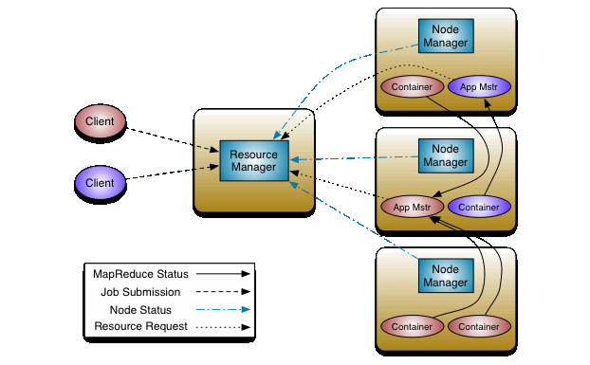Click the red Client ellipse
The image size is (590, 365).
pyautogui.click(x=101, y=121)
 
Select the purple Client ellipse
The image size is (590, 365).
pyautogui.click(x=101, y=182)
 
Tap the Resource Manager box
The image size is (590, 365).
pyautogui.click(x=253, y=160)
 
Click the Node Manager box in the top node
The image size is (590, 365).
pyautogui.click(x=446, y=36)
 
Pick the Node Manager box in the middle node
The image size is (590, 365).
pyautogui.click(x=446, y=155)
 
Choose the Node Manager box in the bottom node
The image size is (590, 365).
pyautogui.click(x=446, y=275)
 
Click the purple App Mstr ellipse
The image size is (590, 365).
pyautogui.click(x=479, y=87)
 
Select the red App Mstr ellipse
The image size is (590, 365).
pyautogui.click(x=413, y=206)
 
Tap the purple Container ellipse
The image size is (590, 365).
pyautogui.click(x=479, y=206)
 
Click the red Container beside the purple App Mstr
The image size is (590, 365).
pyautogui.click(x=413, y=87)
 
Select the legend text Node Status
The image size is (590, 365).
pyautogui.click(x=141, y=309)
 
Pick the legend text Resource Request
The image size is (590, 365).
pyautogui.click(x=141, y=327)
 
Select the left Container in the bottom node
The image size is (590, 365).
pyautogui.click(x=413, y=326)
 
